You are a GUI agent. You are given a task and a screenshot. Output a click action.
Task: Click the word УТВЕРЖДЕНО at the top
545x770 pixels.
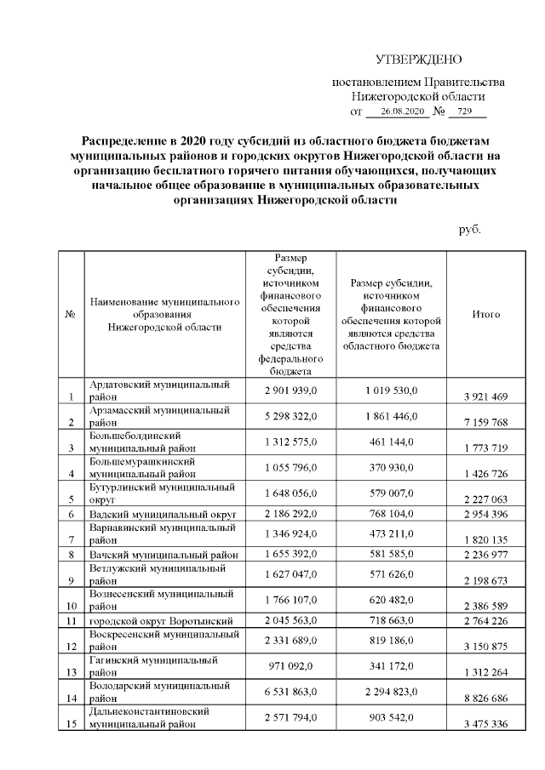pos(418,60)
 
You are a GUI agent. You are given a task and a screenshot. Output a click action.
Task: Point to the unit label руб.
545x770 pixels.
pos(470,230)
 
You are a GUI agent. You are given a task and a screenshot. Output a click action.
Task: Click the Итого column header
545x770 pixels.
pos(485,314)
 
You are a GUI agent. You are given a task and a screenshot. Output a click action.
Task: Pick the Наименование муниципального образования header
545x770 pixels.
pos(164,314)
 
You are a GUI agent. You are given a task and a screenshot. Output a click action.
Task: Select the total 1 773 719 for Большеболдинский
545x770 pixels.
pos(485,448)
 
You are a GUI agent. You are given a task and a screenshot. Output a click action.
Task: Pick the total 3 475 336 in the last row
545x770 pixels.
pos(485,724)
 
